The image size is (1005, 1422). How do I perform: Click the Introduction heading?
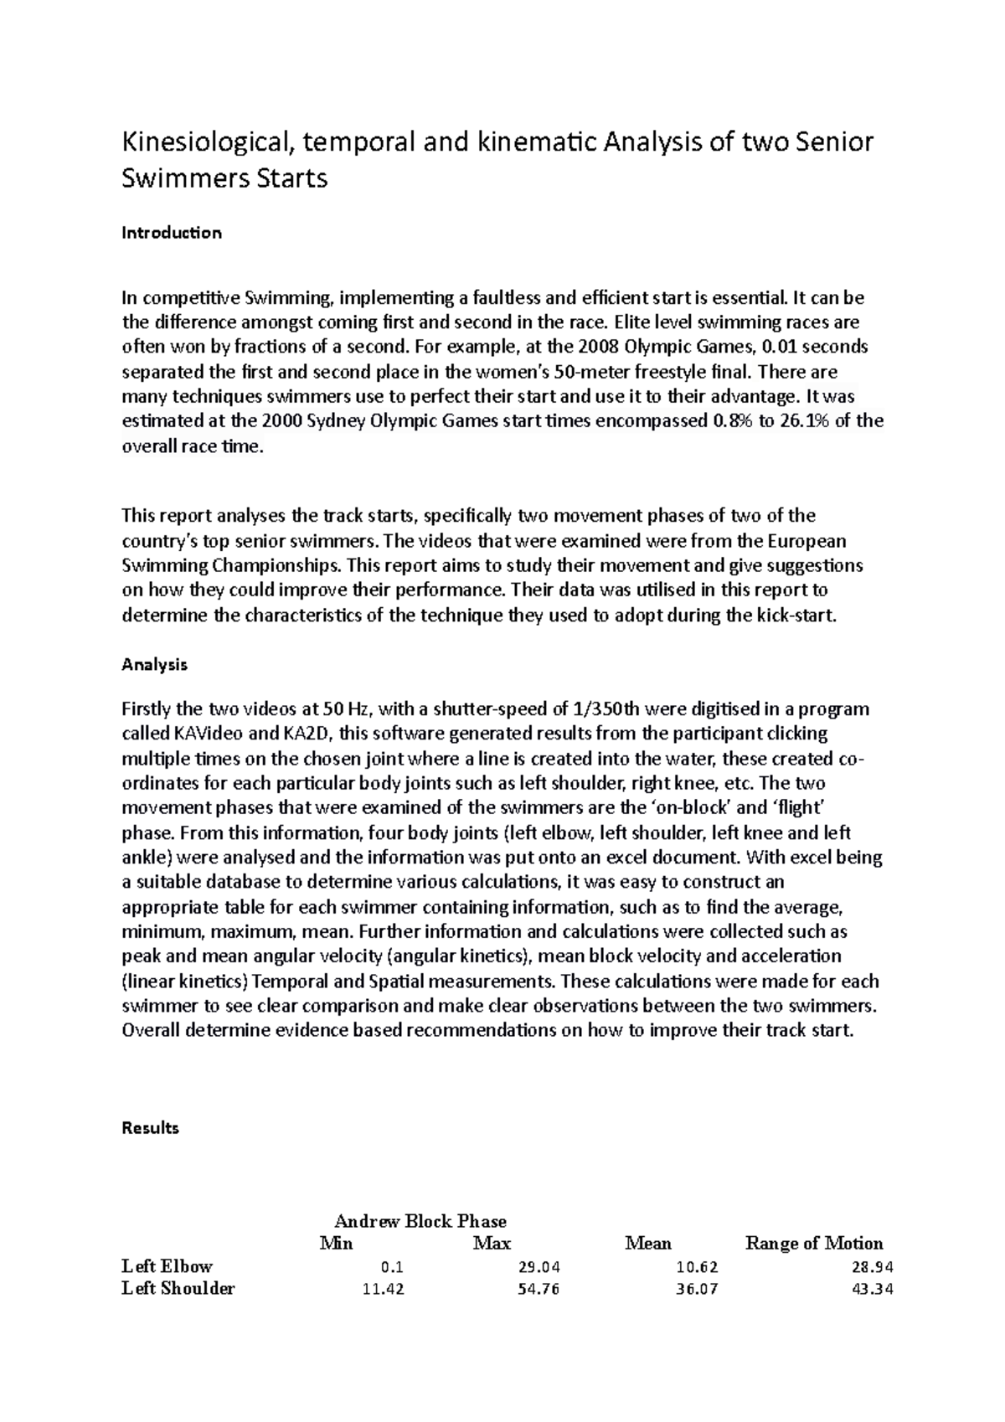(172, 233)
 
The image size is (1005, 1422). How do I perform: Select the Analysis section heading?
(155, 665)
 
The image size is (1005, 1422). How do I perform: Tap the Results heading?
(151, 1128)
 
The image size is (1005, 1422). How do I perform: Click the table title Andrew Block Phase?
(420, 1221)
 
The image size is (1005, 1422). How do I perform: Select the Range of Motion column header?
(814, 1244)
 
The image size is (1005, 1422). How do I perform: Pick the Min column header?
(337, 1244)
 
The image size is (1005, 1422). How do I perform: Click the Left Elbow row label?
(167, 1266)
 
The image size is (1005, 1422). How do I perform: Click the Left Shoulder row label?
(178, 1289)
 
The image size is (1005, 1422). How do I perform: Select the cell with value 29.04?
(539, 1267)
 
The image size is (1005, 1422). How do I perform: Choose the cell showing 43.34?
(872, 1290)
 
